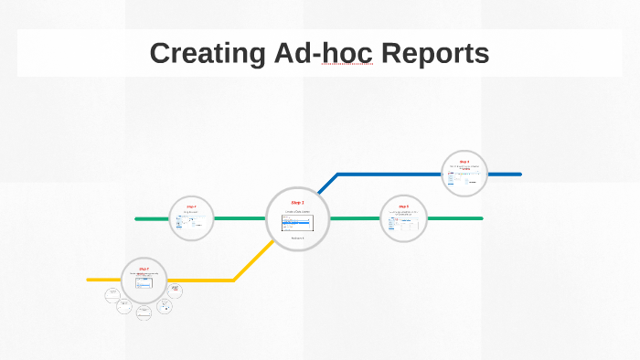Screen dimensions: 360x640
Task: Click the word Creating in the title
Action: pyautogui.click(x=207, y=54)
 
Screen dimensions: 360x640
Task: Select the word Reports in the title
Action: pyautogui.click(x=435, y=54)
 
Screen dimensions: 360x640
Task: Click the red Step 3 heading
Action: pyautogui.click(x=297, y=202)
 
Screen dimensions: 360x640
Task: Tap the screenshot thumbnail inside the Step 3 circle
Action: pyautogui.click(x=297, y=222)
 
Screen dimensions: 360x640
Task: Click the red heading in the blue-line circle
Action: pyautogui.click(x=464, y=162)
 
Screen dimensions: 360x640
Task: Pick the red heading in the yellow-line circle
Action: pyautogui.click(x=144, y=269)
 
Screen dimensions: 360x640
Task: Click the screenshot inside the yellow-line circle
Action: pyautogui.click(x=144, y=282)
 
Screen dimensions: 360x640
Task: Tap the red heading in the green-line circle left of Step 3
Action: pyautogui.click(x=191, y=207)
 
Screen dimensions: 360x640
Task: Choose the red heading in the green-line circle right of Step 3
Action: pyautogui.click(x=403, y=207)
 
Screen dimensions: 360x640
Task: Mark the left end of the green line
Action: pyautogui.click(x=137, y=219)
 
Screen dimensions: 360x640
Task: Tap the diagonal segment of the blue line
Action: pyautogui.click(x=324, y=186)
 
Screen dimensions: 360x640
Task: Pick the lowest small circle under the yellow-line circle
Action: pyautogui.click(x=144, y=312)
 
